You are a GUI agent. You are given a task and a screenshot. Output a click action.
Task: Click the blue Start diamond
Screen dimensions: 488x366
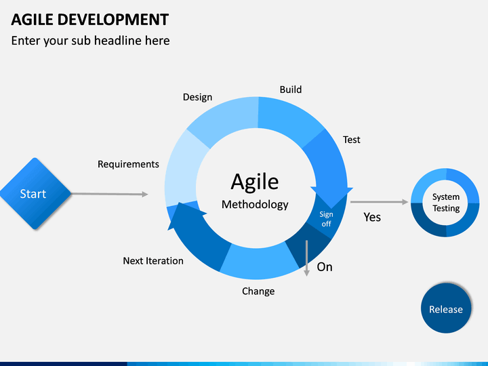point(35,194)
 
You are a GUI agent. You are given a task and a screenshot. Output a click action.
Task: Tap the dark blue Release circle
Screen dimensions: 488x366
point(446,308)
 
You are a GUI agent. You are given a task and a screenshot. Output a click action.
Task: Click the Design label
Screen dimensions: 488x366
point(197,97)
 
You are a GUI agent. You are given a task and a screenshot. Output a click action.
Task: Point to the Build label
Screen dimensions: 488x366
point(291,89)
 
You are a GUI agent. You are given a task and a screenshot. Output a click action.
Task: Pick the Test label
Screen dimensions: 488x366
point(351,140)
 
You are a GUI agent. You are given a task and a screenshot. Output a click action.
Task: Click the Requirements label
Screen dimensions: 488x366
point(128,164)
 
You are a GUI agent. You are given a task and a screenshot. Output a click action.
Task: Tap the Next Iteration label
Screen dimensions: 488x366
point(153,261)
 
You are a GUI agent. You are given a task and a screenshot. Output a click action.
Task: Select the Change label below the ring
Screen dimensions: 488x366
point(258,291)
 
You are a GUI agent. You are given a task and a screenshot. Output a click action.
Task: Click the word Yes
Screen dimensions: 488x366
point(372,218)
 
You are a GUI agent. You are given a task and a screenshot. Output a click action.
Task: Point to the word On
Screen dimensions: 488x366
point(325,267)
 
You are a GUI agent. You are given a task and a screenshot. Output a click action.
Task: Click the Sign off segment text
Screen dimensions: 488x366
point(326,219)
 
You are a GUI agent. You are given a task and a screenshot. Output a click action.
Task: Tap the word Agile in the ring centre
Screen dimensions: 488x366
point(255,182)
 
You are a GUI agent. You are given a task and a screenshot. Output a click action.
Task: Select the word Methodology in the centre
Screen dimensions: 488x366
point(255,205)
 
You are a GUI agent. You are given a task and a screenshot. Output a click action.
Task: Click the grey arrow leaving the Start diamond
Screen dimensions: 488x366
point(110,195)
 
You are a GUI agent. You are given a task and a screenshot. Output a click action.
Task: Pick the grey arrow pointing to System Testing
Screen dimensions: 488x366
point(379,202)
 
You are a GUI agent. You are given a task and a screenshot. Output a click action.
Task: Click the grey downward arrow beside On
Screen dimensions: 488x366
point(306,258)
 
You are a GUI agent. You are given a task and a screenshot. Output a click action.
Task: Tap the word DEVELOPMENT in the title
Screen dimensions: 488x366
point(113,20)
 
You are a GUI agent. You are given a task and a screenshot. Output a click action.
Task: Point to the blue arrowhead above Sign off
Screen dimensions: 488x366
point(331,197)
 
